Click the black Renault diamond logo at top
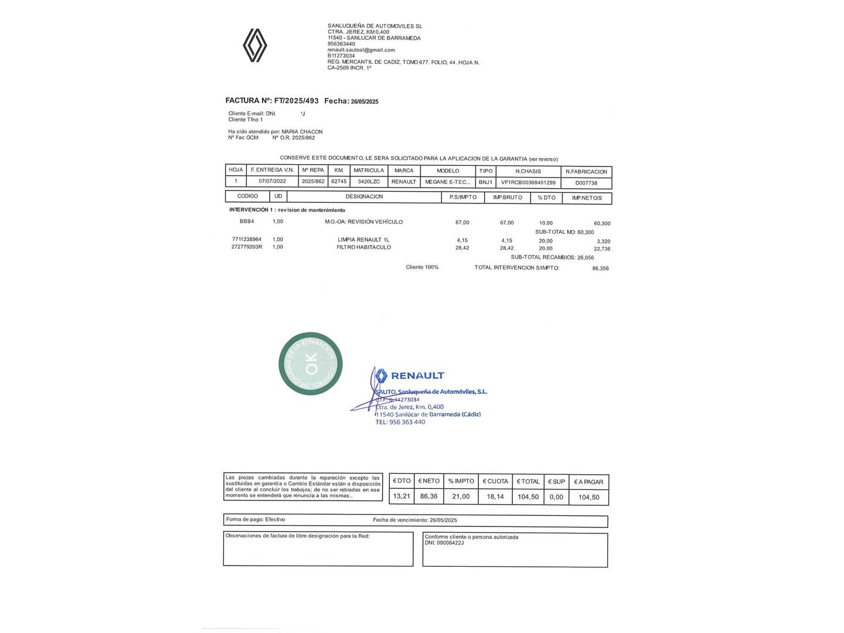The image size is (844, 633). (x=255, y=46)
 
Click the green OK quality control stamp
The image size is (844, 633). (x=310, y=363)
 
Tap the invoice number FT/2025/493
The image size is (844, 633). (x=297, y=101)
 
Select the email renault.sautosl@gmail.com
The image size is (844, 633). (x=361, y=50)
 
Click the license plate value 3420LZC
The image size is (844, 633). (x=369, y=182)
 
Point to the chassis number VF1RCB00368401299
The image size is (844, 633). (x=528, y=182)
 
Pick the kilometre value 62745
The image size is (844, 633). (x=339, y=182)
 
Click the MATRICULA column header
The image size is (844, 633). (x=369, y=171)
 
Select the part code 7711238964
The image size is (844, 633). (x=247, y=240)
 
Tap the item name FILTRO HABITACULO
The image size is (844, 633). (x=363, y=247)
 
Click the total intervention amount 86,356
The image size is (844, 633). (x=600, y=268)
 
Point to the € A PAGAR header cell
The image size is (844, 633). (x=588, y=482)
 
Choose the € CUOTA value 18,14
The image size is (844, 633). (x=495, y=496)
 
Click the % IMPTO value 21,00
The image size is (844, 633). (x=461, y=496)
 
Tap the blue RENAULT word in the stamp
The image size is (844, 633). (x=417, y=376)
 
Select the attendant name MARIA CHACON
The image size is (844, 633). (x=302, y=132)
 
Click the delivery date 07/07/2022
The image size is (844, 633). (x=272, y=182)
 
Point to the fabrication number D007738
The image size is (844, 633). (x=586, y=183)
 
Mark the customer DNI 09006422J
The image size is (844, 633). (x=450, y=543)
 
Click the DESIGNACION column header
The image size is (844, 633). (x=364, y=197)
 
